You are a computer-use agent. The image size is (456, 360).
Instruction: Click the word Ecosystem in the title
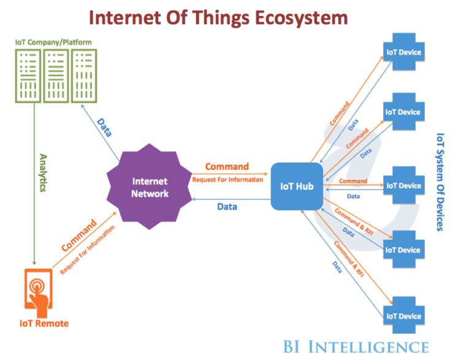pyautogui.click(x=302, y=18)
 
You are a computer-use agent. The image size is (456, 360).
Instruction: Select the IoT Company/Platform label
pyautogui.click(x=53, y=42)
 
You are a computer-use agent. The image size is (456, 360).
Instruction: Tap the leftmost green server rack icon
pyautogui.click(x=28, y=76)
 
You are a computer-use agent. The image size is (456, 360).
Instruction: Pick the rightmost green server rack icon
pyautogui.click(x=84, y=76)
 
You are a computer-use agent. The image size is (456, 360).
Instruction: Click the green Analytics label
pyautogui.click(x=44, y=173)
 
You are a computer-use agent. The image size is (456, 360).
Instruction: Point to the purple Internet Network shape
pyautogui.click(x=149, y=186)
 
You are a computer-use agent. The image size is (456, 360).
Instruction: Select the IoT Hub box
pyautogui.click(x=297, y=186)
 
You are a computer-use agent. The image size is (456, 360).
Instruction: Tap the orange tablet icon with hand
pyautogui.click(x=39, y=293)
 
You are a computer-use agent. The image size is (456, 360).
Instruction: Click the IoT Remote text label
pyautogui.click(x=44, y=323)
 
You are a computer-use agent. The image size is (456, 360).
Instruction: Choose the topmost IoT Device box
pyautogui.click(x=404, y=52)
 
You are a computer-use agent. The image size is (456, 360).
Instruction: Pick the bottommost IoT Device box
pyautogui.click(x=404, y=315)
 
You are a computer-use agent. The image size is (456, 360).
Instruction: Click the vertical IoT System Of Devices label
pyautogui.click(x=440, y=182)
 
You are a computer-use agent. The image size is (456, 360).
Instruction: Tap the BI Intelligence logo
pyautogui.click(x=356, y=347)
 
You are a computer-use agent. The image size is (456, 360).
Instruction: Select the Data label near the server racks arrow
pyautogui.click(x=104, y=128)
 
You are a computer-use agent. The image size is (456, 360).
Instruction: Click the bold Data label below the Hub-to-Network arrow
pyautogui.click(x=227, y=207)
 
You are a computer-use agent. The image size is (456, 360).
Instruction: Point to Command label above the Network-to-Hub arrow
pyautogui.click(x=227, y=166)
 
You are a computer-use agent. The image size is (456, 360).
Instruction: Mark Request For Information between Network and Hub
pyautogui.click(x=227, y=180)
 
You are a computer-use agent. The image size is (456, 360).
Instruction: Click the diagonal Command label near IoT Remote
pyautogui.click(x=79, y=235)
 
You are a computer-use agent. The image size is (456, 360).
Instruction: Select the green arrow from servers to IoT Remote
pyautogui.click(x=34, y=184)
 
